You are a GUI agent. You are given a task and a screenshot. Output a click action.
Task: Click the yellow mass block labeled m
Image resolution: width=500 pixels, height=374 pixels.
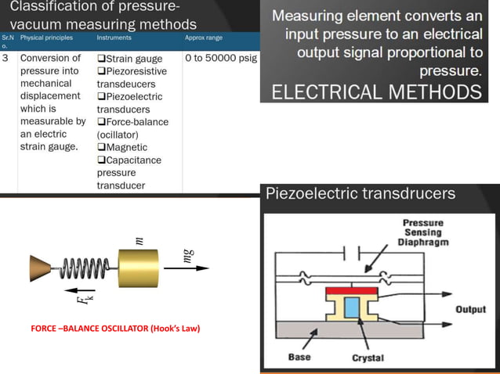[138, 268]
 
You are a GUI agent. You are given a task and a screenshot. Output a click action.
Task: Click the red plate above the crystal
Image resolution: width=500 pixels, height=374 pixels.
[352, 292]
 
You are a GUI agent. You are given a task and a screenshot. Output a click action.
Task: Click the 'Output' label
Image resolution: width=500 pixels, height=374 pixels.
[472, 310]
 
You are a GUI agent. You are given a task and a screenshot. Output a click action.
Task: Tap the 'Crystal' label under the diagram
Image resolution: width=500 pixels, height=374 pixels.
[368, 358]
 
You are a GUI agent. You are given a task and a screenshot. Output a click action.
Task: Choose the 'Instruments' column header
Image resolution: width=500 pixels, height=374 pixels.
[114, 38]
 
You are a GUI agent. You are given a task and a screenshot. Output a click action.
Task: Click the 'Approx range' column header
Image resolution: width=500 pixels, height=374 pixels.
[204, 38]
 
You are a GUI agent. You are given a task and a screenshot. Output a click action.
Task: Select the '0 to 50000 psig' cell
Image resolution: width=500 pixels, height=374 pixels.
[220, 59]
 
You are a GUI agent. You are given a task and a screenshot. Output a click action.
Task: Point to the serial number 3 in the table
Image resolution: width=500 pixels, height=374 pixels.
[6, 59]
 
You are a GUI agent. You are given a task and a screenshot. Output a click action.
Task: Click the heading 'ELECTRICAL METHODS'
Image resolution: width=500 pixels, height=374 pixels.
[376, 92]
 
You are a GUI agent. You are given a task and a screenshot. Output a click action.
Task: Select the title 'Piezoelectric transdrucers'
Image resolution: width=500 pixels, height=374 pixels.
[361, 194]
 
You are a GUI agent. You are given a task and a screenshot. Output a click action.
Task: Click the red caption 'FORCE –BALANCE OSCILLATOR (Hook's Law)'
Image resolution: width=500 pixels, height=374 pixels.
[115, 328]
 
